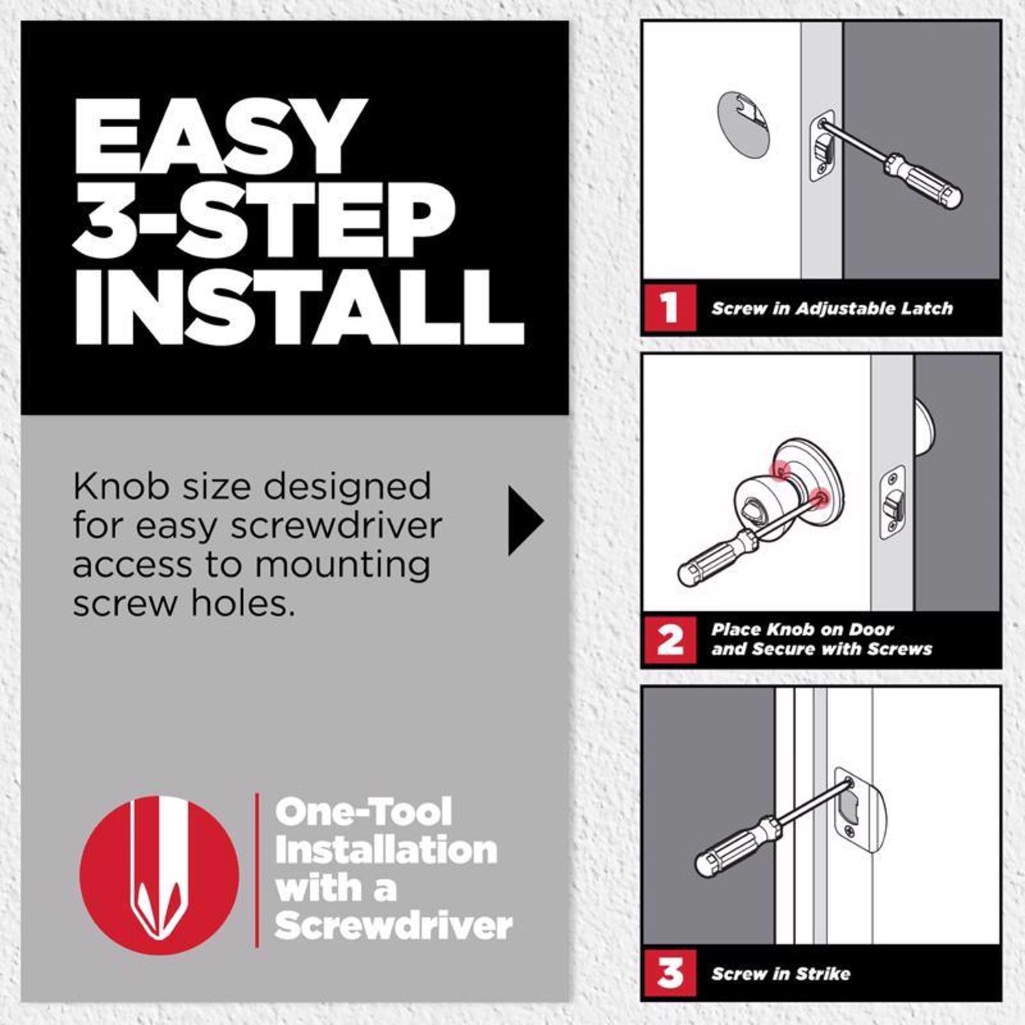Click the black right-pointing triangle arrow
pyautogui.click(x=525, y=521)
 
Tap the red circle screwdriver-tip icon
pyautogui.click(x=159, y=875)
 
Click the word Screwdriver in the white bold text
pyautogui.click(x=393, y=926)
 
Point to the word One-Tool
pyautogui.click(x=363, y=812)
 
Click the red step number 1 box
pyautogui.click(x=670, y=307)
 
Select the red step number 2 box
pyautogui.click(x=670, y=640)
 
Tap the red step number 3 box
pyautogui.click(x=670, y=973)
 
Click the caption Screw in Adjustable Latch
pyautogui.click(x=832, y=308)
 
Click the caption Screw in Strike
pyautogui.click(x=780, y=974)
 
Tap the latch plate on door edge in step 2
pyautogui.click(x=892, y=502)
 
